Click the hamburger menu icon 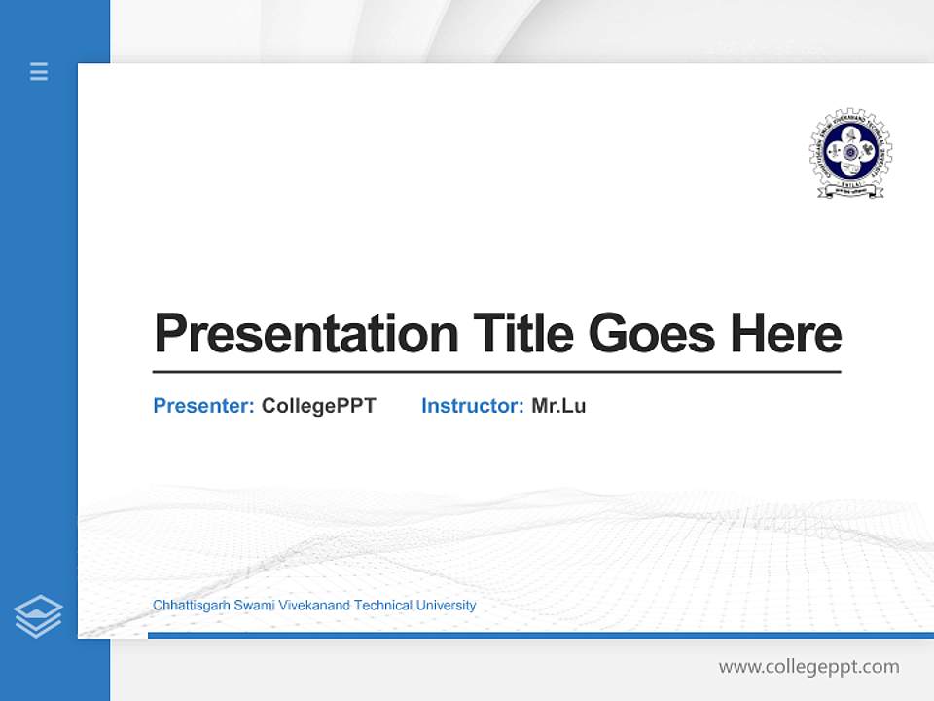coord(39,71)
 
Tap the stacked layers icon coord(38,616)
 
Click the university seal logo coord(850,152)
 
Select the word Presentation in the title coord(305,334)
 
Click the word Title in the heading coord(522,334)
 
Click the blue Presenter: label coord(203,406)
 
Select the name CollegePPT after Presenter coord(318,406)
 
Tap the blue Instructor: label coord(472,406)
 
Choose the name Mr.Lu coord(558,406)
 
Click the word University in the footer coord(446,606)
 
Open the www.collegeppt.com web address coord(808,667)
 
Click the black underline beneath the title coord(496,372)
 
